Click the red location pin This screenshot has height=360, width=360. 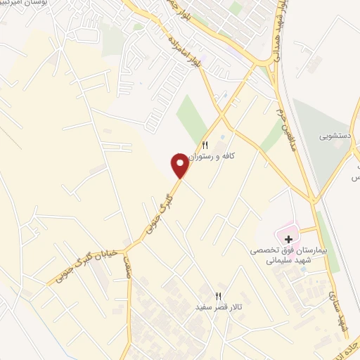tap(180, 165)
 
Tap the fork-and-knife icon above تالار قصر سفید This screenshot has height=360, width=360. tap(218, 296)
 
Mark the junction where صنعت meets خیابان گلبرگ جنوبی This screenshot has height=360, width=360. tap(127, 250)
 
